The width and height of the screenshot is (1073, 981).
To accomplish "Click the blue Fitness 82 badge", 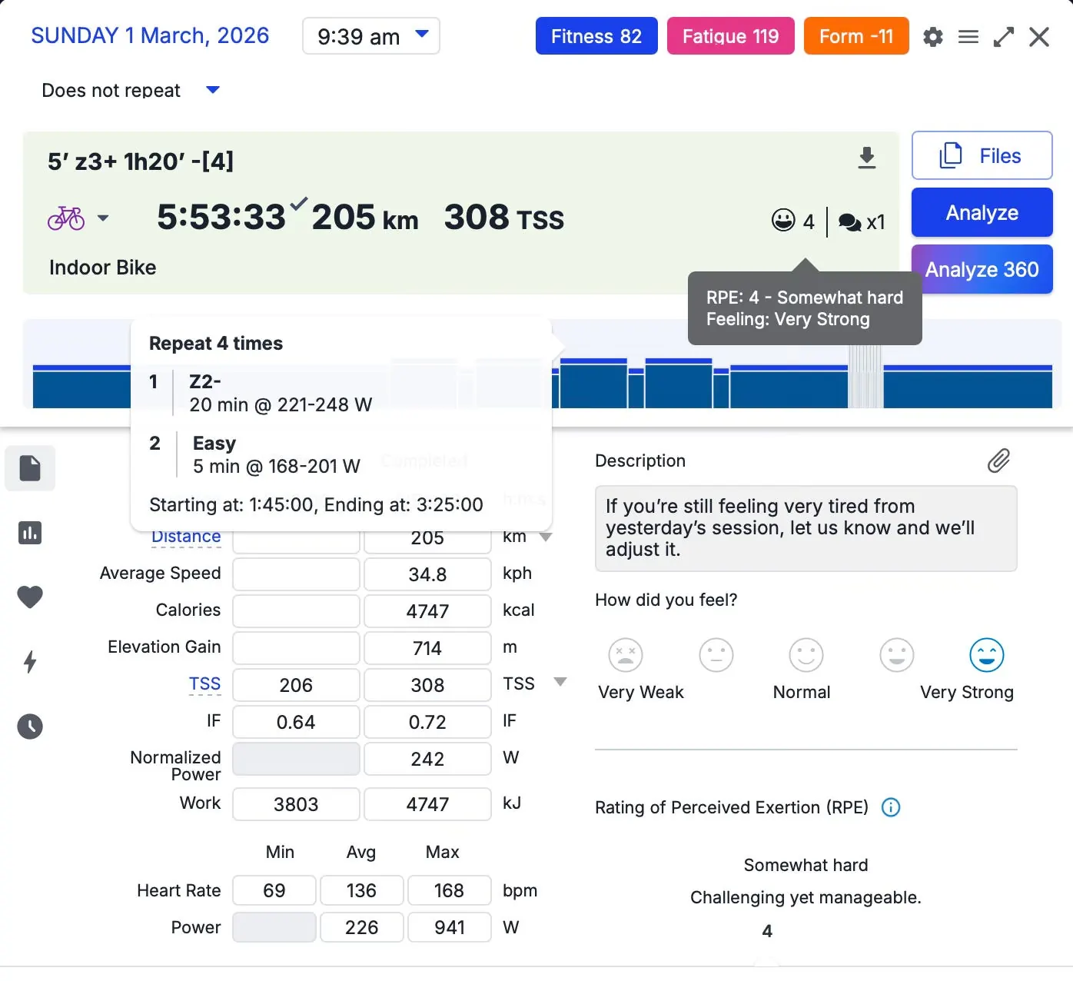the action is [596, 36].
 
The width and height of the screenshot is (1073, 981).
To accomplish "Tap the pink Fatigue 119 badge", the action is [730, 36].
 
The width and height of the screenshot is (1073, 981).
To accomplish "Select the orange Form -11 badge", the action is [855, 36].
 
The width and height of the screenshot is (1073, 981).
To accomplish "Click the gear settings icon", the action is [933, 37].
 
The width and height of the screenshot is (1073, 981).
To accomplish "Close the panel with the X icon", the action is [1038, 37].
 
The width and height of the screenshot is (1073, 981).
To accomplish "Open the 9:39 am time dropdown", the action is [370, 36].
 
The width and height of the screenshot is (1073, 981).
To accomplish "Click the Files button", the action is [982, 155].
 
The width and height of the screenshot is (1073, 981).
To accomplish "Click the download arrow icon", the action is [866, 158].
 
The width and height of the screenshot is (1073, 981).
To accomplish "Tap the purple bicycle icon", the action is [66, 218].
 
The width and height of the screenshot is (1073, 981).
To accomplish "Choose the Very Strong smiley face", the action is [986, 654].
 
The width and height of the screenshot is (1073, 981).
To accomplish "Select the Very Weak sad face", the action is [625, 654].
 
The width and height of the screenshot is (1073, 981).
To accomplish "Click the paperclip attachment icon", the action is [998, 461].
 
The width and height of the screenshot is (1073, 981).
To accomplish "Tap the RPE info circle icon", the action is [891, 807].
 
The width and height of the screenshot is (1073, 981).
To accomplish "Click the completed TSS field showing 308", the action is [427, 684].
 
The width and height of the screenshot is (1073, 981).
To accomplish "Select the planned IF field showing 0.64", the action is [296, 721].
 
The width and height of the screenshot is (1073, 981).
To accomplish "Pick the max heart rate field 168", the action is [450, 890].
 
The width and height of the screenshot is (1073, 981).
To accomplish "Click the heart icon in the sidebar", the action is [30, 597].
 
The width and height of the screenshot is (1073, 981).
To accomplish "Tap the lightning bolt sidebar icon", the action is [30, 661].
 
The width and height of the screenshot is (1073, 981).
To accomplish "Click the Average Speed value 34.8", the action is [427, 574].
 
